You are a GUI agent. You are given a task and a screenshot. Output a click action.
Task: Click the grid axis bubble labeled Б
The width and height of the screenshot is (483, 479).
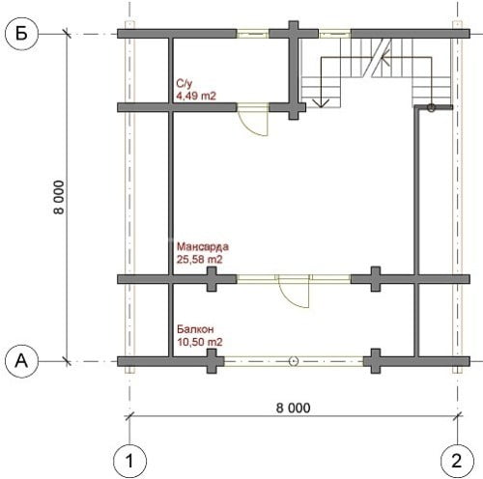point(22,34)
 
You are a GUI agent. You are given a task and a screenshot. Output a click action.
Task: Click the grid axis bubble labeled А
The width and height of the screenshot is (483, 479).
point(22,361)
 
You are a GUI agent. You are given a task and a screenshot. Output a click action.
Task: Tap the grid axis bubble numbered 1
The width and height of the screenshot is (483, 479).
point(129,462)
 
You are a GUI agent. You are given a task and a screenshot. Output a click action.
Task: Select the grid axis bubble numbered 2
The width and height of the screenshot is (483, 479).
point(457,462)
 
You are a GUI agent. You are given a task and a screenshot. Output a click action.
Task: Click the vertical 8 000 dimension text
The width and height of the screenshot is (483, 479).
point(59,197)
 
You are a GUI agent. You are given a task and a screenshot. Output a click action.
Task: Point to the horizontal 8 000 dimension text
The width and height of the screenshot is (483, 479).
point(294,408)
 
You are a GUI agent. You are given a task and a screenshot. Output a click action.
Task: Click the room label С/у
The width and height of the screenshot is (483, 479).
point(185,84)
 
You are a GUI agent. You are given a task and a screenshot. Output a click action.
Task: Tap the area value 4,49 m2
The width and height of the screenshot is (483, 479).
point(196,96)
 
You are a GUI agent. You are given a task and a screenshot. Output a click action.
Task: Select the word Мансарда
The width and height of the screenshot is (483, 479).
point(203,246)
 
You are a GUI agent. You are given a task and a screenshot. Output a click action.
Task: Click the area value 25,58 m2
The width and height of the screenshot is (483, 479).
point(200,259)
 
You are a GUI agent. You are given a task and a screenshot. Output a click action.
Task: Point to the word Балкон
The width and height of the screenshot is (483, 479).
point(195,329)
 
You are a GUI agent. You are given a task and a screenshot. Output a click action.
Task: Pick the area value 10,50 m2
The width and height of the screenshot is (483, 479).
point(200,342)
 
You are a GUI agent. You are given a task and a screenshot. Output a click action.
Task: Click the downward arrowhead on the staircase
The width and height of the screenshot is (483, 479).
point(321,103)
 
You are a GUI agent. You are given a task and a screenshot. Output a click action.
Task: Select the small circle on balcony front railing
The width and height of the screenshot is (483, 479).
point(294,361)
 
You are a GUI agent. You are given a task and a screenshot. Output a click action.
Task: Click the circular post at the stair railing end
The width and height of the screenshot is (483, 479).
point(431,107)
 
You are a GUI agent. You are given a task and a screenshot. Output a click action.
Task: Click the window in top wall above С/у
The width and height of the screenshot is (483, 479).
point(253,34)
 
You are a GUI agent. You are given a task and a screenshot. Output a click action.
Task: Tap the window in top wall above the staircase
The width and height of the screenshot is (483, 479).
point(334,34)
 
